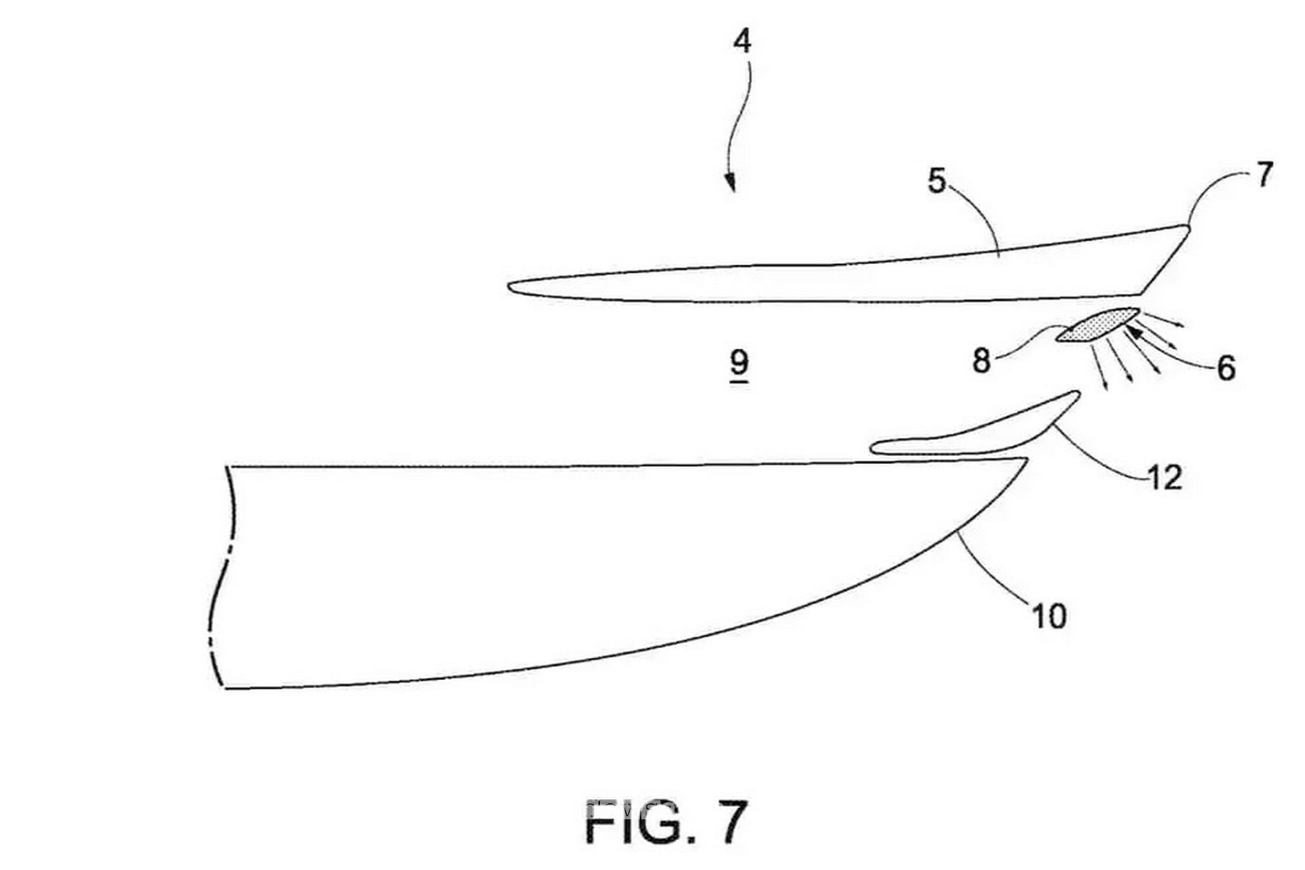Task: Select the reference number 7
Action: coord(1263,175)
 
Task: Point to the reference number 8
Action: coord(981,360)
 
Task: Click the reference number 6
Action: coord(1225,368)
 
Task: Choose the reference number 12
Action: coord(1164,477)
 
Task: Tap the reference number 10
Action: coord(1048,616)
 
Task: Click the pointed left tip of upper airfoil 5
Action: coord(508,285)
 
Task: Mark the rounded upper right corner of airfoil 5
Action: coord(1185,229)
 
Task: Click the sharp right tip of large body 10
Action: coord(1027,458)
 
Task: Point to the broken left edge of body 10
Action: coord(219,576)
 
